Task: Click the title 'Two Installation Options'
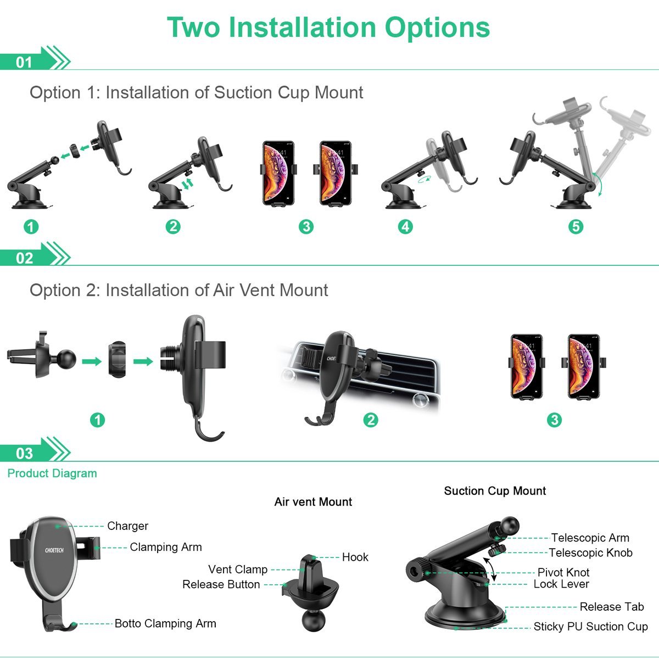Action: click(x=328, y=27)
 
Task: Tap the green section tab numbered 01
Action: click(x=25, y=62)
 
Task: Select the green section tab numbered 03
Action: click(x=25, y=453)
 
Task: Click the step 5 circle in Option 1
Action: click(x=576, y=226)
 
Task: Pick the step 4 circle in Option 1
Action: click(x=405, y=226)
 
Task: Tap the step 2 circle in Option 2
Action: click(x=371, y=420)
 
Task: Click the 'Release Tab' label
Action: click(x=611, y=607)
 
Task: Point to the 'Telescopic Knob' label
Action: click(x=590, y=553)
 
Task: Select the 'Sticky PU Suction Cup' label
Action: click(x=590, y=627)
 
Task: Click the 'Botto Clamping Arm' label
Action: click(x=165, y=623)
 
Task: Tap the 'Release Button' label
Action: click(x=221, y=584)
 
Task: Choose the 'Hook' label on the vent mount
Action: click(x=355, y=557)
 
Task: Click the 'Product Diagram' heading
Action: click(x=52, y=473)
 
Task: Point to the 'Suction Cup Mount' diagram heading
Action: click(x=495, y=491)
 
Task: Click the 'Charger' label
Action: click(x=127, y=526)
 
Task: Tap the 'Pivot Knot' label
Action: click(x=563, y=572)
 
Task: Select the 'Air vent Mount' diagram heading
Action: click(x=313, y=502)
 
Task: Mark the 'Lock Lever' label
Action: click(x=561, y=584)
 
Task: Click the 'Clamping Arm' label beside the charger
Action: click(x=166, y=547)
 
